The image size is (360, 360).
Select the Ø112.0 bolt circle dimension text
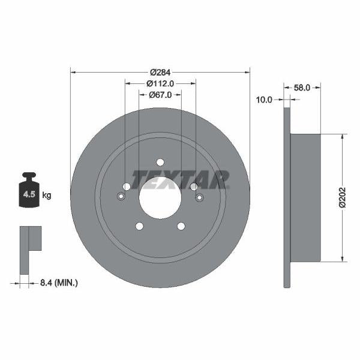click(x=160, y=83)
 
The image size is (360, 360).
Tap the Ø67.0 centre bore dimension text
click(x=160, y=94)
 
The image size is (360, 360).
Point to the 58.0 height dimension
click(x=302, y=88)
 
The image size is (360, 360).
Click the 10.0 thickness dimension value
click(x=264, y=100)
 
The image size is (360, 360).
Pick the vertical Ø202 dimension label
click(x=342, y=197)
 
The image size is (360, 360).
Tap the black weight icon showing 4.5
click(x=29, y=192)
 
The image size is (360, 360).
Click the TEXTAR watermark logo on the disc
click(x=180, y=179)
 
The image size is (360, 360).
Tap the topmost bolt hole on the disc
click(x=160, y=162)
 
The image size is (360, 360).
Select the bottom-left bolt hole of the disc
click(x=139, y=226)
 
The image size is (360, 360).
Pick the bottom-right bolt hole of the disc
click(x=181, y=226)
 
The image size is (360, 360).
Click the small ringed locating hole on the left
click(x=121, y=197)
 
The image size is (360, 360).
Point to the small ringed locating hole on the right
click(x=200, y=197)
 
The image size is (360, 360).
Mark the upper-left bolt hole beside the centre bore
click(x=127, y=187)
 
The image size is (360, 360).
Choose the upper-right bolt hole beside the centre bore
click(x=194, y=187)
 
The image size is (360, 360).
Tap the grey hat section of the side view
click(x=306, y=197)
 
